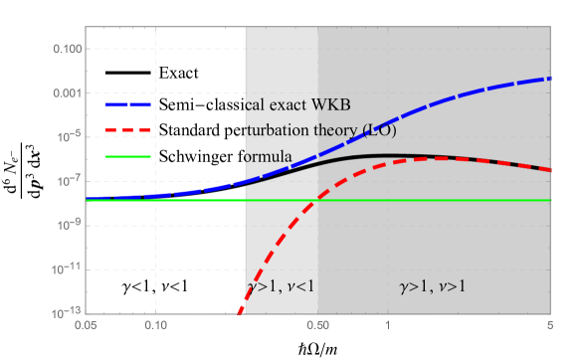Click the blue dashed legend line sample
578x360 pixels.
(x=128, y=104)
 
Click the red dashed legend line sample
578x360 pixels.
(x=128, y=130)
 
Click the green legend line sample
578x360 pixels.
(x=128, y=156)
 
